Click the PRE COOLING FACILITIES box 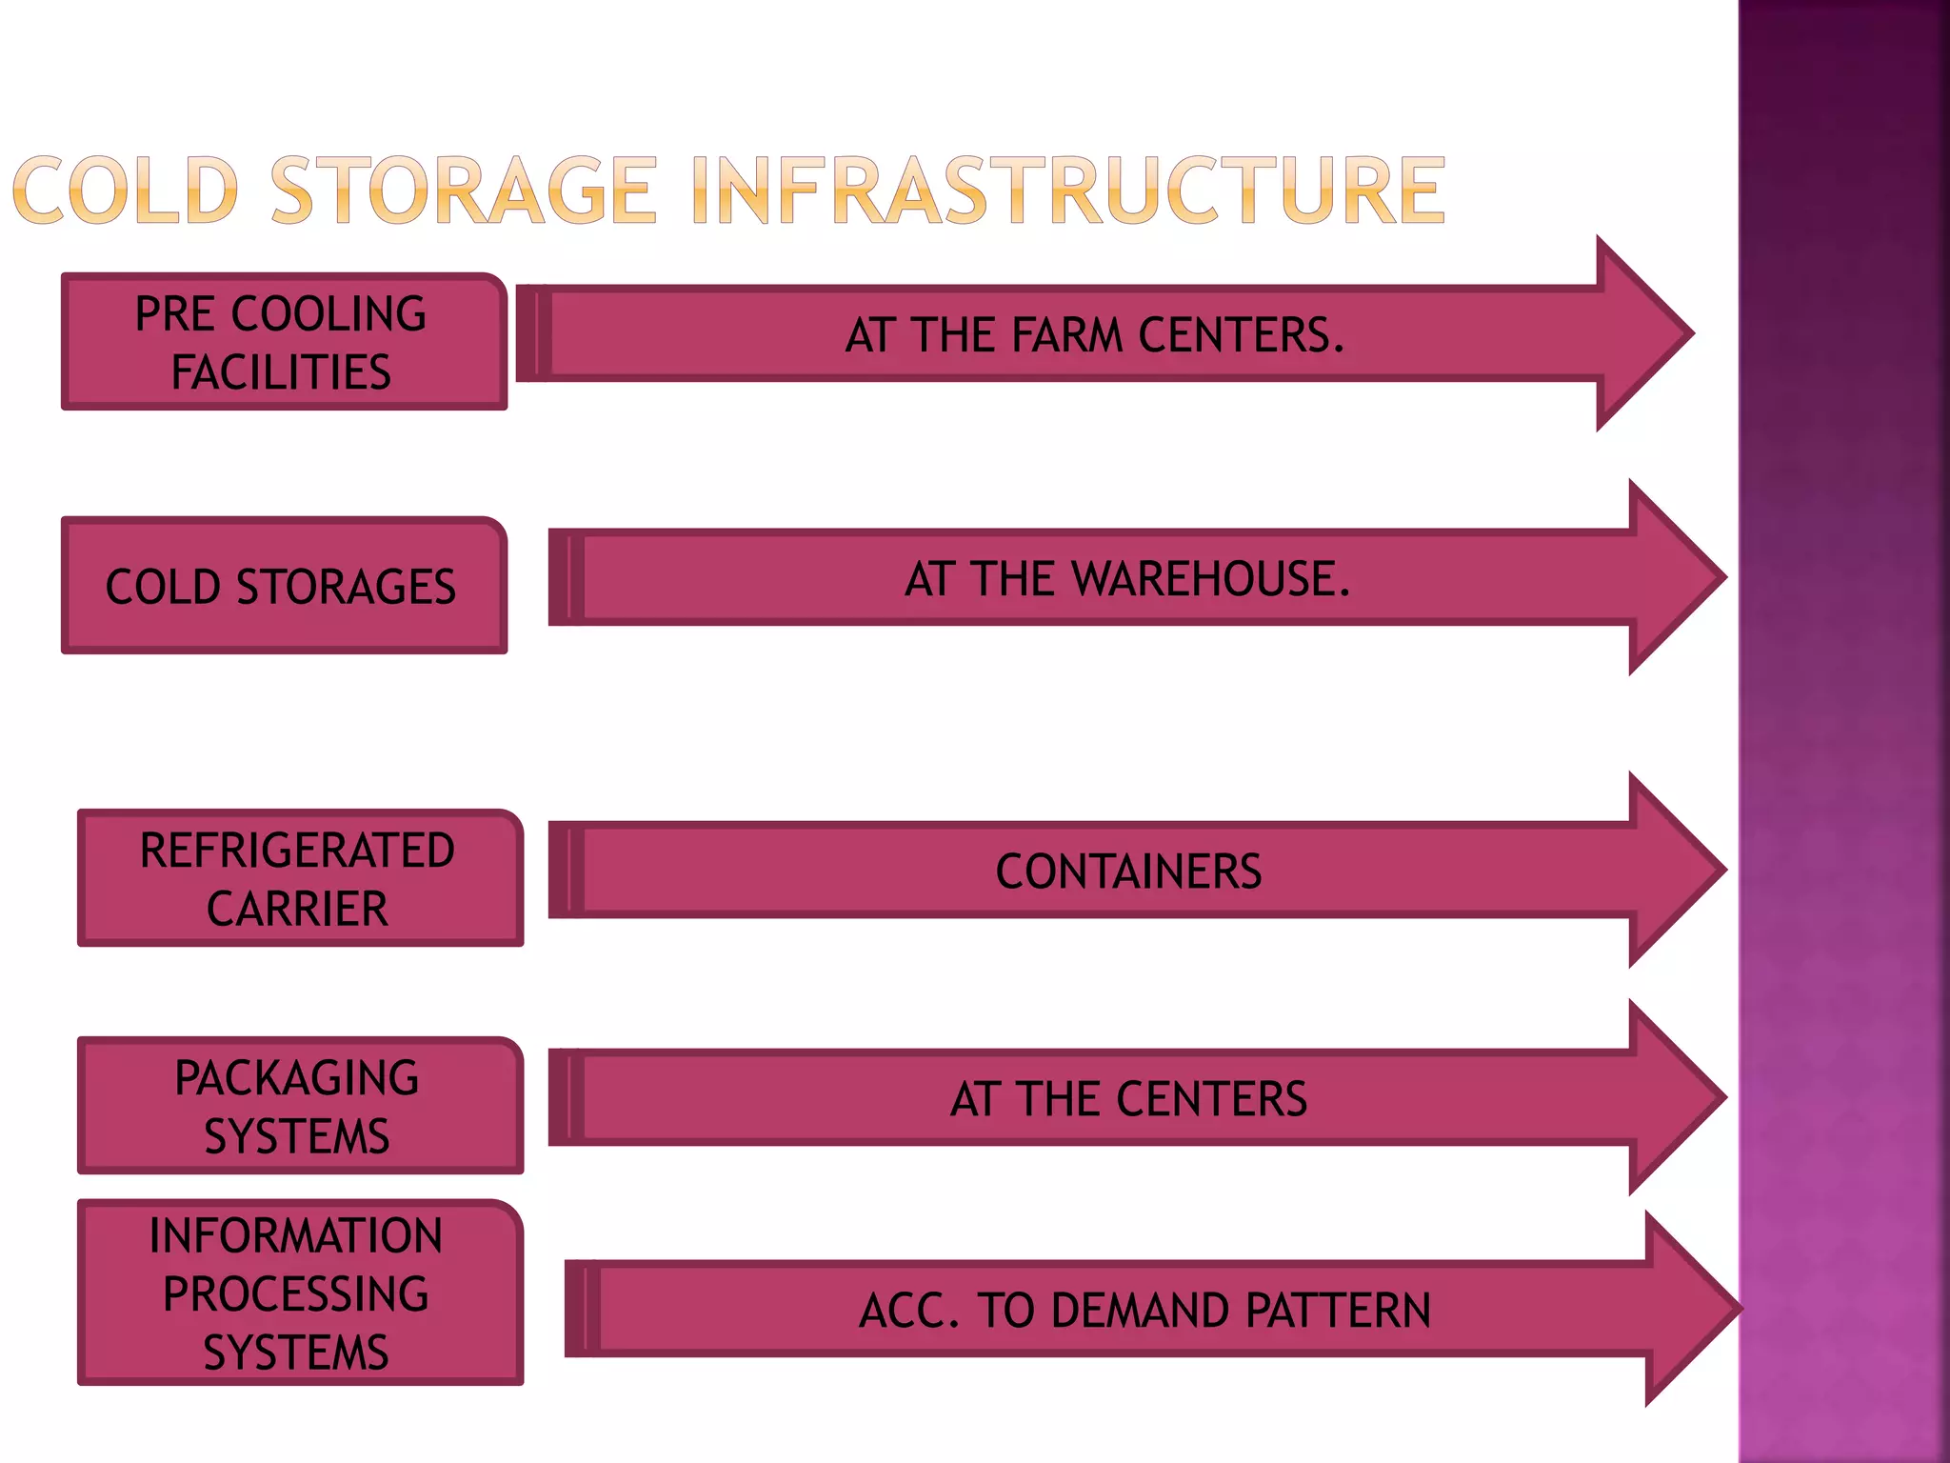point(282,342)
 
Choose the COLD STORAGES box point(282,587)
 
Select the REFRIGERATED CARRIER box point(298,878)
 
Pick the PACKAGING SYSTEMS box point(298,1106)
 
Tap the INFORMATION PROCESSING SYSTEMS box point(298,1293)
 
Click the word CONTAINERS point(1128,872)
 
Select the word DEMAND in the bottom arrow point(1144,1311)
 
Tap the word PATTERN point(1337,1311)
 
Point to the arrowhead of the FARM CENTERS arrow point(1642,333)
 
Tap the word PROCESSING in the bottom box point(296,1293)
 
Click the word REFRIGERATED point(297,851)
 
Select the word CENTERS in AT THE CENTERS point(1211,1099)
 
